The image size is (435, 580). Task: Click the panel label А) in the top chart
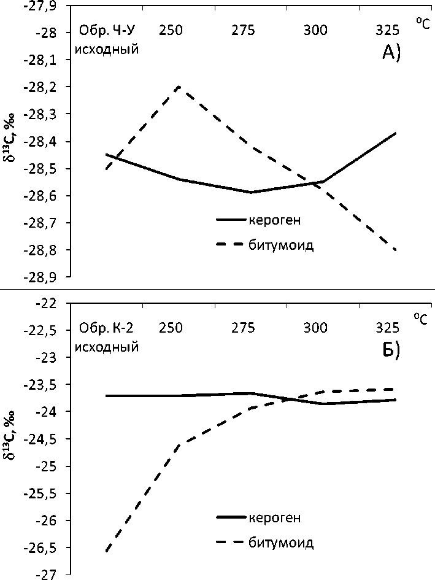pyautogui.click(x=391, y=54)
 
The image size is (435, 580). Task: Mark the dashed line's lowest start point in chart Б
pyautogui.click(x=106, y=551)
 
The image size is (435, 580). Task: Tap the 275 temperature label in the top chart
pyautogui.click(x=244, y=31)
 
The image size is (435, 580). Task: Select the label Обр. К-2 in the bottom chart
pyautogui.click(x=106, y=327)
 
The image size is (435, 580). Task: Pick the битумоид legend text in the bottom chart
pyautogui.click(x=282, y=543)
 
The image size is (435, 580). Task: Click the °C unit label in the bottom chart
pyautogui.click(x=422, y=318)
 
